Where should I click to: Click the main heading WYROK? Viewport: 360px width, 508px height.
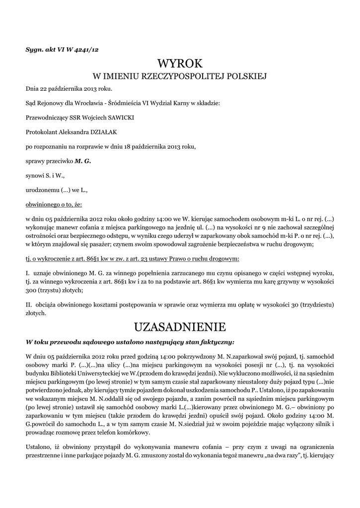(x=180, y=63)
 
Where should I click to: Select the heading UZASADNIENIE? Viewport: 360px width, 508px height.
(x=180, y=327)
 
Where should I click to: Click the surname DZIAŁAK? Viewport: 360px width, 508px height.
(x=103, y=132)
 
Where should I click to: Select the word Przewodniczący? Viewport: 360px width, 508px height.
(x=47, y=118)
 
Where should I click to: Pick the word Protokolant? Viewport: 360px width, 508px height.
(x=42, y=132)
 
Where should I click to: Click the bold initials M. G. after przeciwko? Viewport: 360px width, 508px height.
(x=83, y=161)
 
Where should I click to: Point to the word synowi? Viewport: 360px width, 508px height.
(x=35, y=175)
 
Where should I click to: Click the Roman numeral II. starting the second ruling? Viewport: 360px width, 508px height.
(x=29, y=304)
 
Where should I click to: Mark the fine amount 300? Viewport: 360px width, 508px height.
(x=31, y=290)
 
